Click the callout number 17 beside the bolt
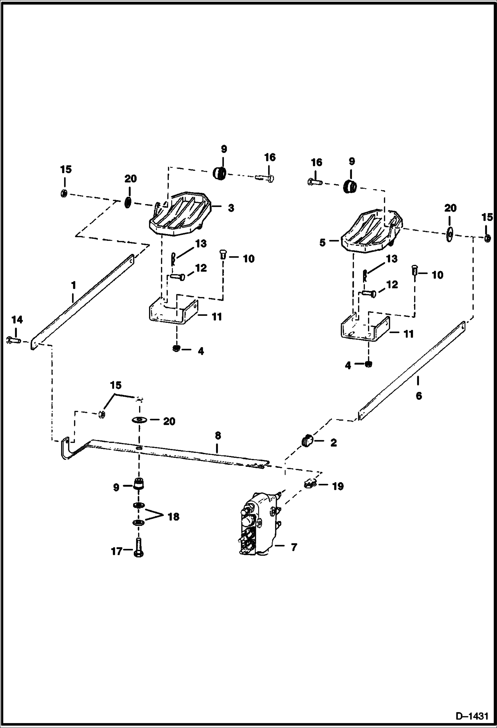(x=116, y=551)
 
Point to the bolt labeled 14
(x=13, y=340)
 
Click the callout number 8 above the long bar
(x=218, y=435)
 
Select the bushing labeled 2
(x=307, y=441)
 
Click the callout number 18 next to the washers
(x=174, y=517)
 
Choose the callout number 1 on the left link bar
(x=74, y=285)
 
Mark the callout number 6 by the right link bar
(x=419, y=396)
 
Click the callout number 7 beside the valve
(x=294, y=547)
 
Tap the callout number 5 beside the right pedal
(x=322, y=243)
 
